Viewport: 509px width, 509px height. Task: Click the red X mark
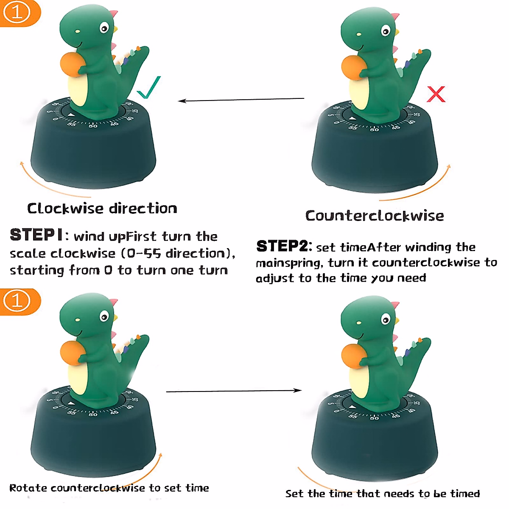(x=436, y=94)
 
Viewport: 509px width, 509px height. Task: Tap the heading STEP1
(x=36, y=235)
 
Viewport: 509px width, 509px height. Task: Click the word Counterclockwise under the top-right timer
(x=375, y=215)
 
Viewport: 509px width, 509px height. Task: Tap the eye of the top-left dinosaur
(x=104, y=28)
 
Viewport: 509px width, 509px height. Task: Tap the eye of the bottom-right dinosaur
(x=386, y=319)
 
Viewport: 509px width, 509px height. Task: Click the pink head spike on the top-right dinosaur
(x=395, y=17)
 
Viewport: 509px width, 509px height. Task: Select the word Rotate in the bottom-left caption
(x=28, y=488)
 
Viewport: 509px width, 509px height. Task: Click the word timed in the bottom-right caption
(x=465, y=494)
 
